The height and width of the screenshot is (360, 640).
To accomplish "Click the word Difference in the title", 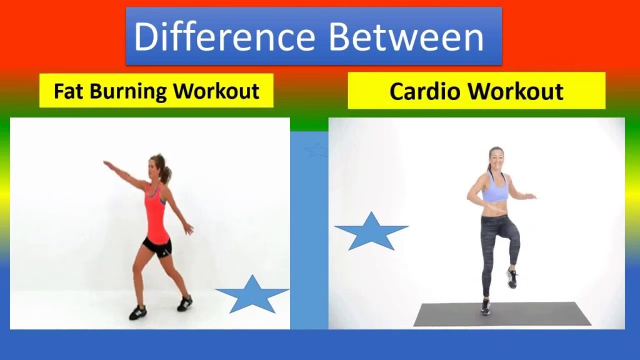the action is pos(224,36).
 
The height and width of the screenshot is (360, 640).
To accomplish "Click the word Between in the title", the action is pos(406,36).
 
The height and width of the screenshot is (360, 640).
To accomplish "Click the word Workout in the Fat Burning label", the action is pos(216,91).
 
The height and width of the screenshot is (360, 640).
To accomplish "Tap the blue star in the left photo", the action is pos(252,295).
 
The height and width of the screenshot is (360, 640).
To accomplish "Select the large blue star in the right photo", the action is pos(371,231).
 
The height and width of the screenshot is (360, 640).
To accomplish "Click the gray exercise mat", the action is pos(502,314).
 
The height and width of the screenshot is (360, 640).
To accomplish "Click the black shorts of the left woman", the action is pos(157,246).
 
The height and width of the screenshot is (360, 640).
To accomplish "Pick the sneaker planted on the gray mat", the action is pos(485,307).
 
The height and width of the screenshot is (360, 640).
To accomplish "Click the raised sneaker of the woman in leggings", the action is pos(512,278).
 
